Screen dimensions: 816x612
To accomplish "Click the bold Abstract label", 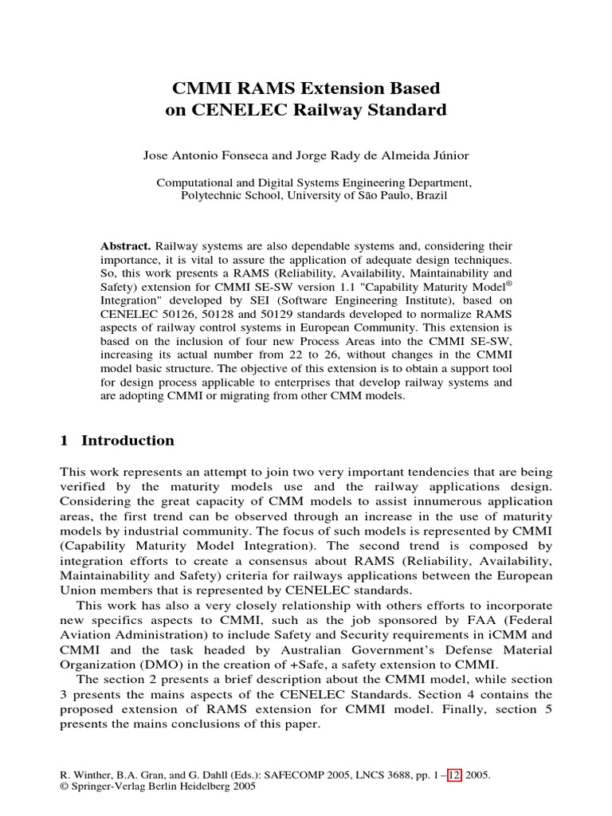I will (x=126, y=246).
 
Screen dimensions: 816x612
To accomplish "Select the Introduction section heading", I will (x=127, y=441).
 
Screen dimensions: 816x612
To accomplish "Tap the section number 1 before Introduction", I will (x=65, y=441).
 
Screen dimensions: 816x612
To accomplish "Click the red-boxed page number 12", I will (x=454, y=774).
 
